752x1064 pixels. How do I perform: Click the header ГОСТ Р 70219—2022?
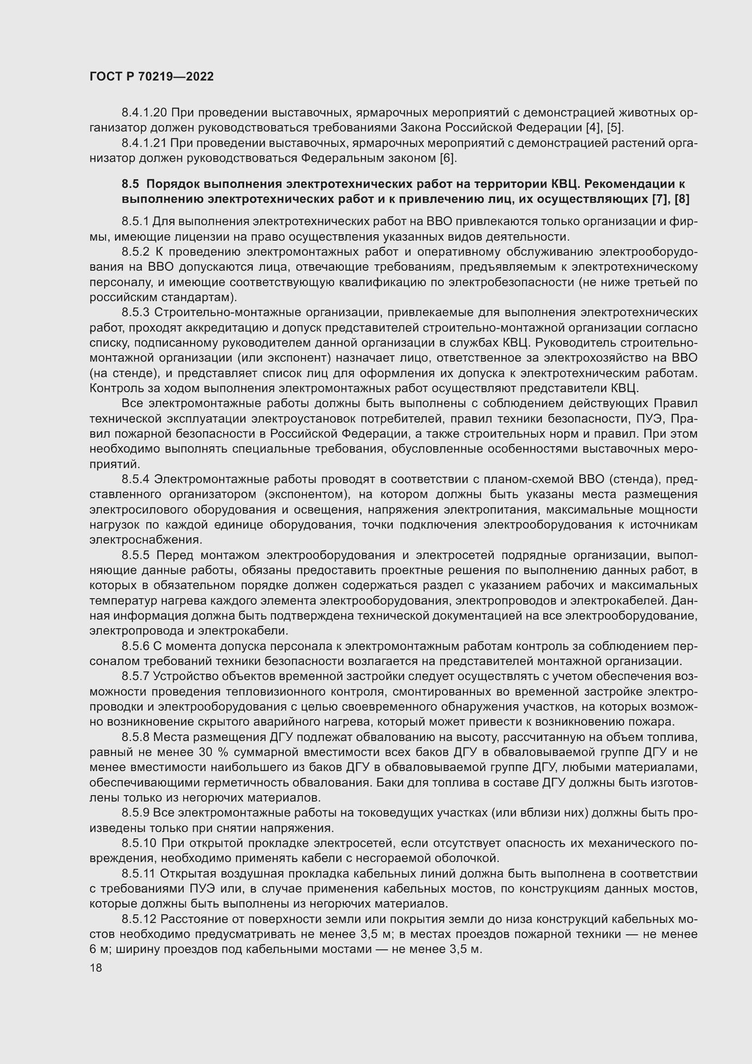click(x=151, y=77)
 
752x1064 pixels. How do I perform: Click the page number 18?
click(x=96, y=968)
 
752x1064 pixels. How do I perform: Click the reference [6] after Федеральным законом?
click(x=448, y=158)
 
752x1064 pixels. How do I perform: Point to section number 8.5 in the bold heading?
click(x=130, y=184)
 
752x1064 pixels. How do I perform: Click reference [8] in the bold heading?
click(x=682, y=200)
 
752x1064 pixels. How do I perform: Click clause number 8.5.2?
click(x=135, y=252)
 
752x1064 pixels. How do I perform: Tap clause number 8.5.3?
click(x=135, y=313)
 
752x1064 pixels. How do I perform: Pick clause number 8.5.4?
click(x=135, y=479)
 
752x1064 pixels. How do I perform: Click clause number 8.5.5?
click(x=135, y=555)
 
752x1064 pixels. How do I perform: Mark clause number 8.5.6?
click(x=135, y=646)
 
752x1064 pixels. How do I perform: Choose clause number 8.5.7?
click(x=135, y=676)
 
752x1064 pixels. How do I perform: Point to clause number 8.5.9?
click(x=135, y=813)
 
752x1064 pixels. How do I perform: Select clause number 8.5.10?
click(x=139, y=843)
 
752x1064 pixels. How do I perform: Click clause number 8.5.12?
click(x=139, y=919)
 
